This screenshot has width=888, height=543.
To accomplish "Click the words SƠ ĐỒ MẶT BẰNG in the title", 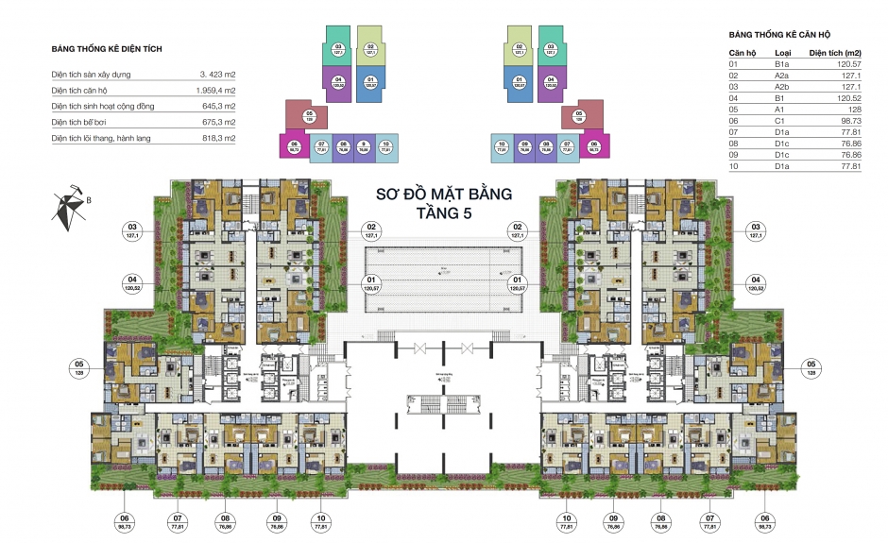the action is click(x=444, y=195).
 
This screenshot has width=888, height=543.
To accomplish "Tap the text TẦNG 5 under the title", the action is click(x=444, y=213).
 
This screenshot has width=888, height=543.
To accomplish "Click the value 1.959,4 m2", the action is click(x=214, y=90).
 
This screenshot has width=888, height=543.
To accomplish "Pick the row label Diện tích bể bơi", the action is click(x=85, y=122).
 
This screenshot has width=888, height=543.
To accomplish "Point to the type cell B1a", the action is click(x=781, y=64).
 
